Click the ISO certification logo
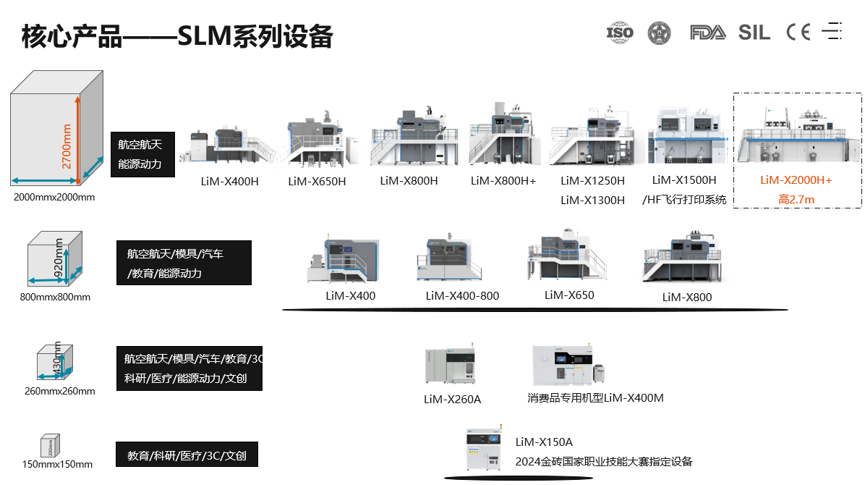[619, 32]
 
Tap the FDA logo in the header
[707, 32]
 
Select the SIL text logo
[755, 32]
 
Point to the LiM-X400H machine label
[229, 181]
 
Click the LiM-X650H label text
[317, 181]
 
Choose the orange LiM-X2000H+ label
[796, 180]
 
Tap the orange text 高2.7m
[796, 199]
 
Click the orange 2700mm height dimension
[67, 145]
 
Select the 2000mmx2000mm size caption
[54, 197]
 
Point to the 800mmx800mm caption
[55, 297]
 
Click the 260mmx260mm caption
[59, 392]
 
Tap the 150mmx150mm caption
[58, 464]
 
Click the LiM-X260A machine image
[451, 364]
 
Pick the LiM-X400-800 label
[462, 295]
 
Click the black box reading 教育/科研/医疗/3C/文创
[187, 456]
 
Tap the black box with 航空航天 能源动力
[143, 154]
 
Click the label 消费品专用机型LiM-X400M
[595, 397]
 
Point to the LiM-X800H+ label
[503, 180]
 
